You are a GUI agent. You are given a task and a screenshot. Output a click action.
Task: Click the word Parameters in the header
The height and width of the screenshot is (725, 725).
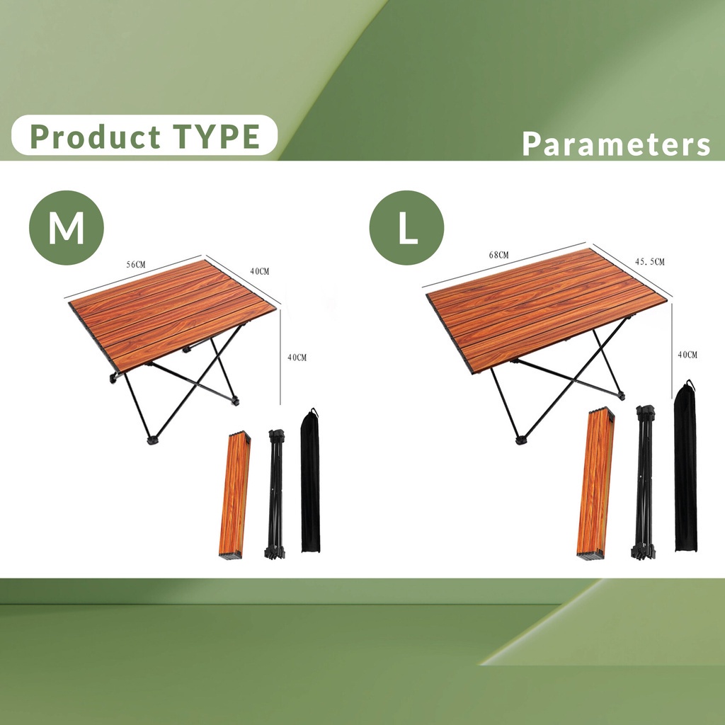(616, 144)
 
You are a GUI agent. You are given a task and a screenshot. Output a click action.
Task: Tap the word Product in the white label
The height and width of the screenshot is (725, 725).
(96, 137)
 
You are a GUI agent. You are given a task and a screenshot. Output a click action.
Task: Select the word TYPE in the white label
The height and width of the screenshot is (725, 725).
(217, 137)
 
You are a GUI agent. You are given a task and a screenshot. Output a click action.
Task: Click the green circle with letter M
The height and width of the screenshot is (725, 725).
(67, 227)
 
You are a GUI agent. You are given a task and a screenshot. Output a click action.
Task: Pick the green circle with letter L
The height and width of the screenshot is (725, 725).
(406, 227)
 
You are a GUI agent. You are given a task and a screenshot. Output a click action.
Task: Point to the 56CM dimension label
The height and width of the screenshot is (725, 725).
(136, 265)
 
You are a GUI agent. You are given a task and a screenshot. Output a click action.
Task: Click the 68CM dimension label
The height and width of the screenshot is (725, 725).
(498, 255)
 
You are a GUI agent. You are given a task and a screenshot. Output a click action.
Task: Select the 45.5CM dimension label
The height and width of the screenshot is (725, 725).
(650, 262)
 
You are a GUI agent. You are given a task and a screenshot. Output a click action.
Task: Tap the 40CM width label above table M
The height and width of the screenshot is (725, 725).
(259, 271)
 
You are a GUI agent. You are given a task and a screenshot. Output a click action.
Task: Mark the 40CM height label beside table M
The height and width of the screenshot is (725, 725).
(297, 358)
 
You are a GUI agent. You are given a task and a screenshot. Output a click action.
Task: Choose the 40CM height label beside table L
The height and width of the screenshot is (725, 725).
(687, 355)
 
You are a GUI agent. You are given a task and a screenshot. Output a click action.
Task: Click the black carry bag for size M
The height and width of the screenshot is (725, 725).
(310, 481)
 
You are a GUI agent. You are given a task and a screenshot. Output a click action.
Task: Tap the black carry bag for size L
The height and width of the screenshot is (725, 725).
(685, 467)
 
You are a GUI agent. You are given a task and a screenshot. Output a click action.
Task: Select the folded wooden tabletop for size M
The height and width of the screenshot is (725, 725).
(235, 495)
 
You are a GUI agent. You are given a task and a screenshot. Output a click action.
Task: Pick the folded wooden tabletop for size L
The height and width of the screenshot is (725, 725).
(595, 483)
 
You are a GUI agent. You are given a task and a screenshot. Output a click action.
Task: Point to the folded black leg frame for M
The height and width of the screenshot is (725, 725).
(276, 493)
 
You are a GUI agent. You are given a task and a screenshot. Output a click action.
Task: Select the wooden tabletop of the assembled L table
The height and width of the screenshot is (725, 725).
(546, 309)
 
